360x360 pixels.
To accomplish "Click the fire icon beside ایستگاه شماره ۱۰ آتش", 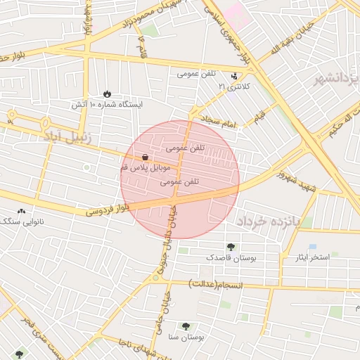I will coord(107,94).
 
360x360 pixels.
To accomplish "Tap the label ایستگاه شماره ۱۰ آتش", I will coord(106,105).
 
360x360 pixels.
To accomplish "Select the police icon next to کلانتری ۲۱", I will coord(234,76).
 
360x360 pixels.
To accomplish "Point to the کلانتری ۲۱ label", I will coord(233,86).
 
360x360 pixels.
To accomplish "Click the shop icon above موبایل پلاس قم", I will coord(144,158).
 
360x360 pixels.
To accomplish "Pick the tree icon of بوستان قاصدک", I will coord(231,247).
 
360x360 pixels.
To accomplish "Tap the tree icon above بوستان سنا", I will coord(186,326).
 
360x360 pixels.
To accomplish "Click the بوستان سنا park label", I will coord(186,337).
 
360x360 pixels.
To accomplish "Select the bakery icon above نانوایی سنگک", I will coord(21,211).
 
